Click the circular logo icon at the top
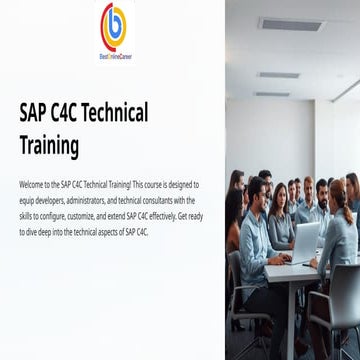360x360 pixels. (114, 23)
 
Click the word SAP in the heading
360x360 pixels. (36, 112)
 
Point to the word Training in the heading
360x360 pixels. (49, 145)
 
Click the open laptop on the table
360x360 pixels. (305, 240)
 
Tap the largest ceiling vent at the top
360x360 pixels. (290, 22)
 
